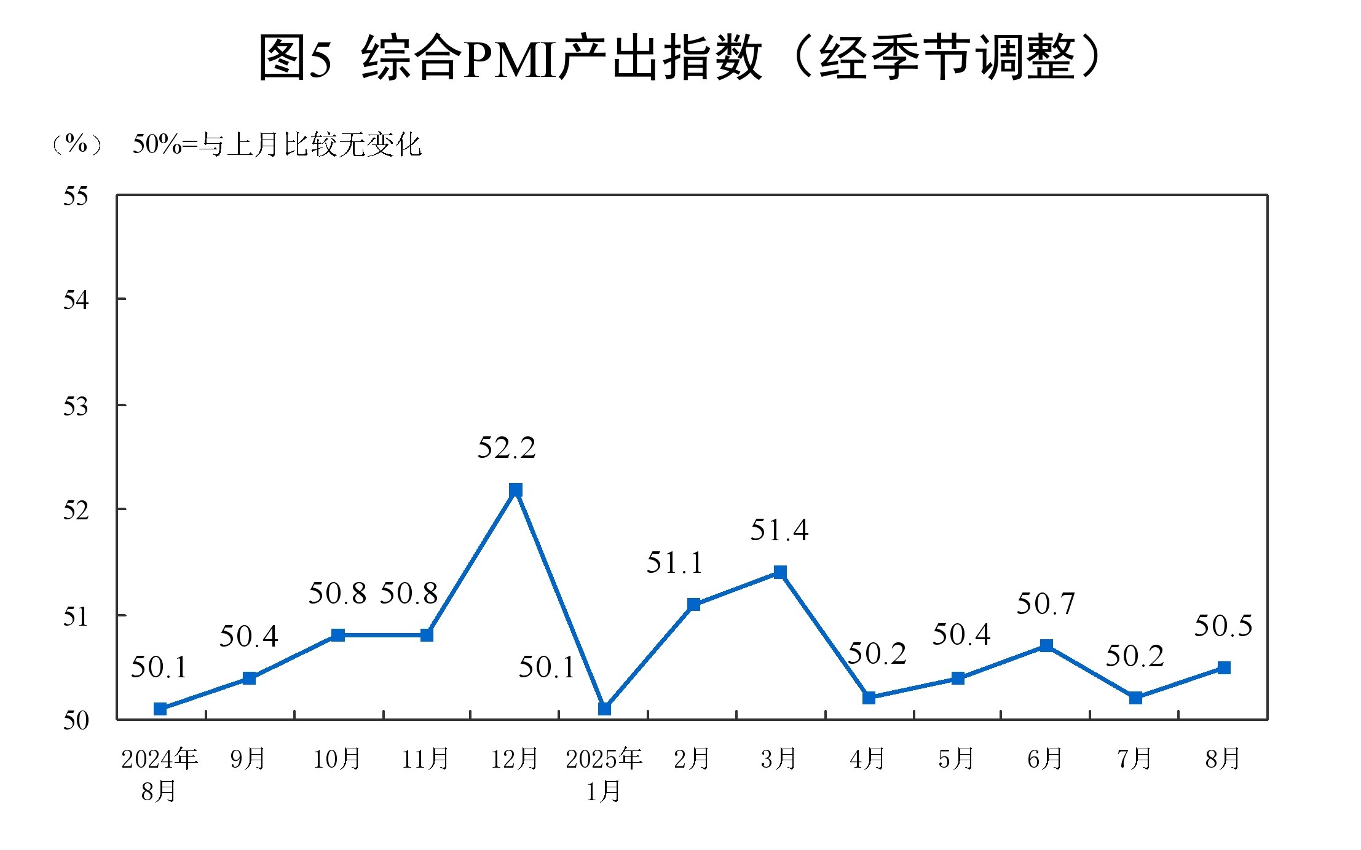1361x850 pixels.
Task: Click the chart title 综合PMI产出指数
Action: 680,57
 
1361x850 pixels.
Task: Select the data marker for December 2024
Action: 516,490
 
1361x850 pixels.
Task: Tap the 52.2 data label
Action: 507,448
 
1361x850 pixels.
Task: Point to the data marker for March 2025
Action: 780,572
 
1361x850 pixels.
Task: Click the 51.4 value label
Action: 779,530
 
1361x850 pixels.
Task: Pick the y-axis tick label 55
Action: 76,197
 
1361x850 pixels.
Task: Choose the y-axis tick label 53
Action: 76,407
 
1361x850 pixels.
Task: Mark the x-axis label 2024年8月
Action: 159,774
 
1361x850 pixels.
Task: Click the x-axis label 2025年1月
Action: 604,774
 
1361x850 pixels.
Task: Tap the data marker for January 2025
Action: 604,709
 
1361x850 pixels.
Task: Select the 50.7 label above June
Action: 1046,604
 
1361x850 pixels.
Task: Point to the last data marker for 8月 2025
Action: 1224,667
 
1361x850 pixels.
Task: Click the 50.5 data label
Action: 1223,626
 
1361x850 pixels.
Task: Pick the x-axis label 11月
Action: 425,760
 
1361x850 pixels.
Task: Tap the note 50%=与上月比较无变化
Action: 277,145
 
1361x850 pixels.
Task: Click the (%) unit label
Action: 76,144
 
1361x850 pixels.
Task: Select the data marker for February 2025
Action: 693,604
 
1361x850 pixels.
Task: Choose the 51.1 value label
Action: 674,563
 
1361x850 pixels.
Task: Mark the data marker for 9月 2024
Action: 249,678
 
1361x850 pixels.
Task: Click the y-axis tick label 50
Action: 76,720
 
